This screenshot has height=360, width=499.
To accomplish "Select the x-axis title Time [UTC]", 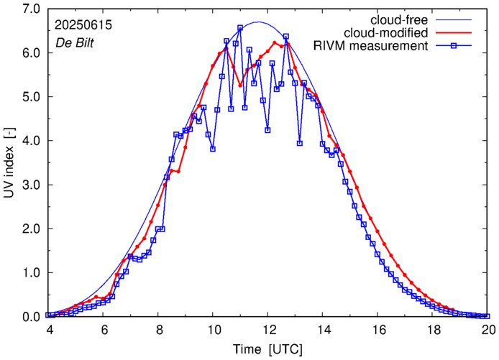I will click(267, 349).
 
